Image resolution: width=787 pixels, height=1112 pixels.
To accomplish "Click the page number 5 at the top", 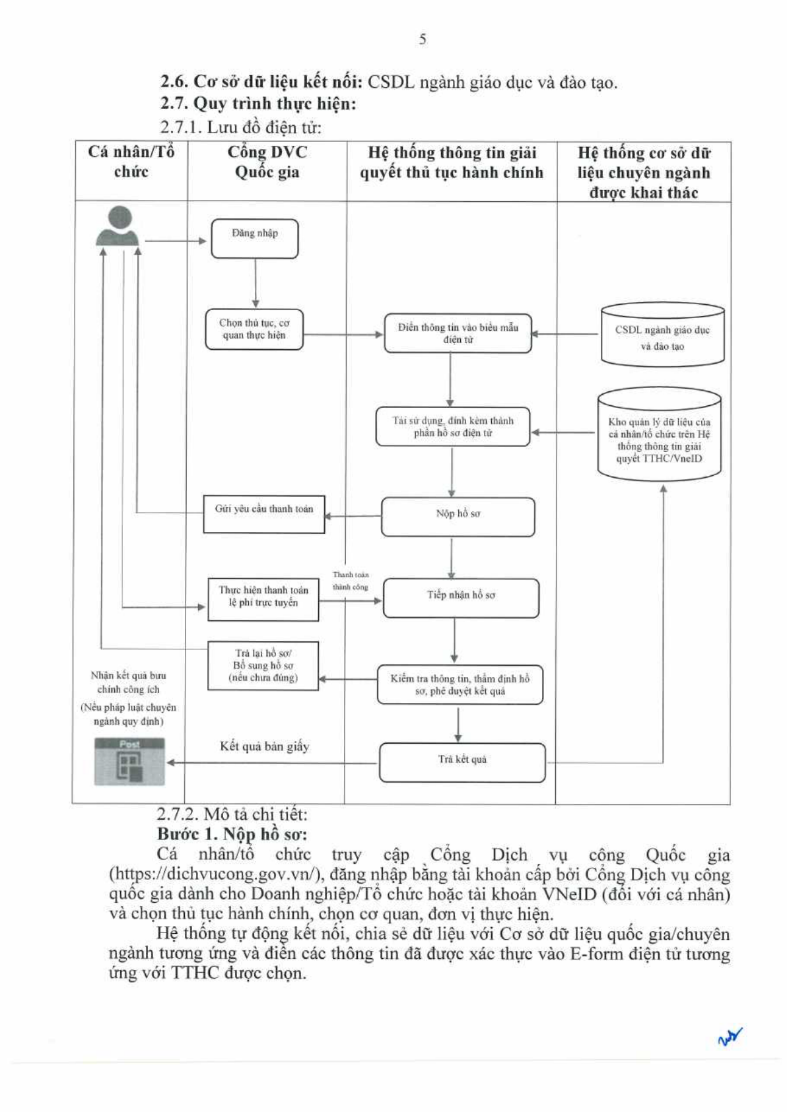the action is pos(423,39).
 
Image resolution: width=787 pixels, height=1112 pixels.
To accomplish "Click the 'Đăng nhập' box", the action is pos(255,239).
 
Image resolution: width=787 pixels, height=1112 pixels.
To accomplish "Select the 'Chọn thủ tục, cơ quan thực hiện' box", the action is pos(254,329).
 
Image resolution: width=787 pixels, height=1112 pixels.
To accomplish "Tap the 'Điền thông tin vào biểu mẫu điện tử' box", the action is pos(458,333).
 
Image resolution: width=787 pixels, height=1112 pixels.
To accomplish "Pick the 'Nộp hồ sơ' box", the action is pos(458,517).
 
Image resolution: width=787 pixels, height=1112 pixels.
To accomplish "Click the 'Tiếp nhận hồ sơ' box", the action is pos(461,598).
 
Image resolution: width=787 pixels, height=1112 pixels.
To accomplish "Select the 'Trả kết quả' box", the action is pos(462,762).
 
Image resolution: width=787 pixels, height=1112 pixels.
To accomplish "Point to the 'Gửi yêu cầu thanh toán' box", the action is pos(264,514).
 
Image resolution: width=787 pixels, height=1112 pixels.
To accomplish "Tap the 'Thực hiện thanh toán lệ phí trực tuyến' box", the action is pos(263,599).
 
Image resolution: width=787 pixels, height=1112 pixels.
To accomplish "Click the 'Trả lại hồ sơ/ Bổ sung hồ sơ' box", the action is pos(263,666).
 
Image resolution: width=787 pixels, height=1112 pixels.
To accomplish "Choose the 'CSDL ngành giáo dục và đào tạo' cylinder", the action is pos(662,335).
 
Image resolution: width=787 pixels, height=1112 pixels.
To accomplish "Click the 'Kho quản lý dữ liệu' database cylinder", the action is pos(660,435).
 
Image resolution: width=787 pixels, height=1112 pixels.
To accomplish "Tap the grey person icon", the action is pos(117,226).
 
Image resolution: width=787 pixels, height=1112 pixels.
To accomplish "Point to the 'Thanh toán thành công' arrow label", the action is pos(351,581).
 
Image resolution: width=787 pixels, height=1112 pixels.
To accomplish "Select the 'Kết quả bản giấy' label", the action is pos(265,746).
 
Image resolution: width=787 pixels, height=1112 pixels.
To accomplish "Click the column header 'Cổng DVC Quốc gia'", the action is pos(267,162).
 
